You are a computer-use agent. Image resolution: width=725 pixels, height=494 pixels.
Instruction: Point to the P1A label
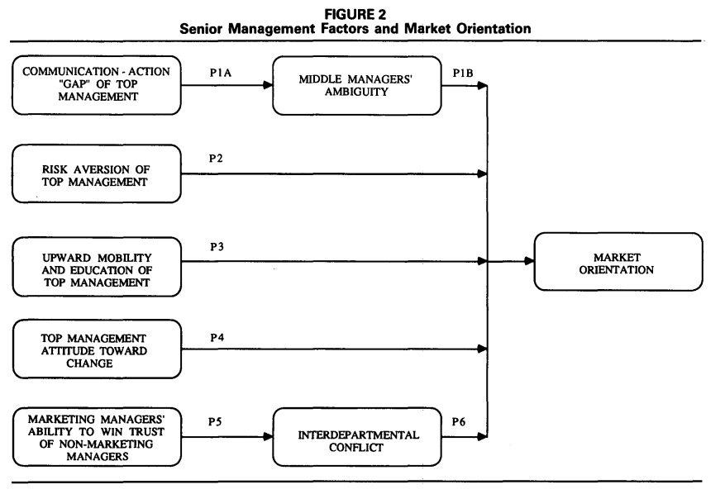[x=220, y=73]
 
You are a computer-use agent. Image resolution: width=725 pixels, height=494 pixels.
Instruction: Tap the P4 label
[x=215, y=337]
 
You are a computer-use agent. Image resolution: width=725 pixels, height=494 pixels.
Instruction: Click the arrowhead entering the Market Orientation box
[x=528, y=262]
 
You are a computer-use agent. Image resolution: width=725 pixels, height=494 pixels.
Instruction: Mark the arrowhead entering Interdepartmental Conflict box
[x=267, y=438]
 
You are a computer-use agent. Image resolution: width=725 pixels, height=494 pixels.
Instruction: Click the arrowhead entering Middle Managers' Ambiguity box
[x=267, y=85]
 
